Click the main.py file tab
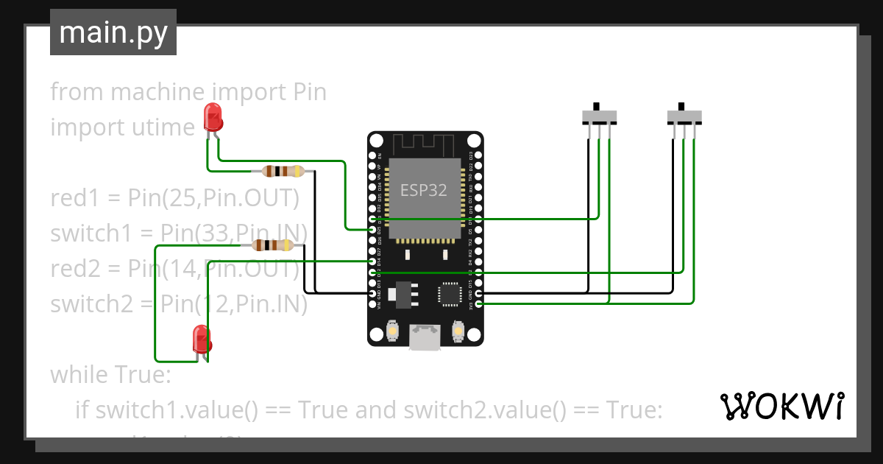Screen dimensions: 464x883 tap(113, 32)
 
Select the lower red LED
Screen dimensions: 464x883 tap(201, 338)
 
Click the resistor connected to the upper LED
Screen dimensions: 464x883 tap(283, 172)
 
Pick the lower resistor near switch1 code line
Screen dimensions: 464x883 tap(272, 245)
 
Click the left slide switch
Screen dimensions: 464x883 tap(599, 117)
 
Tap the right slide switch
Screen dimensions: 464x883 tap(684, 117)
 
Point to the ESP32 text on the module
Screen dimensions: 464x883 tap(423, 190)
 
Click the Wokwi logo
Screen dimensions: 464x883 tap(781, 406)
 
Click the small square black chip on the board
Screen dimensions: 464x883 tap(450, 293)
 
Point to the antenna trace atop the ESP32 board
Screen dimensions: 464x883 tap(425, 144)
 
